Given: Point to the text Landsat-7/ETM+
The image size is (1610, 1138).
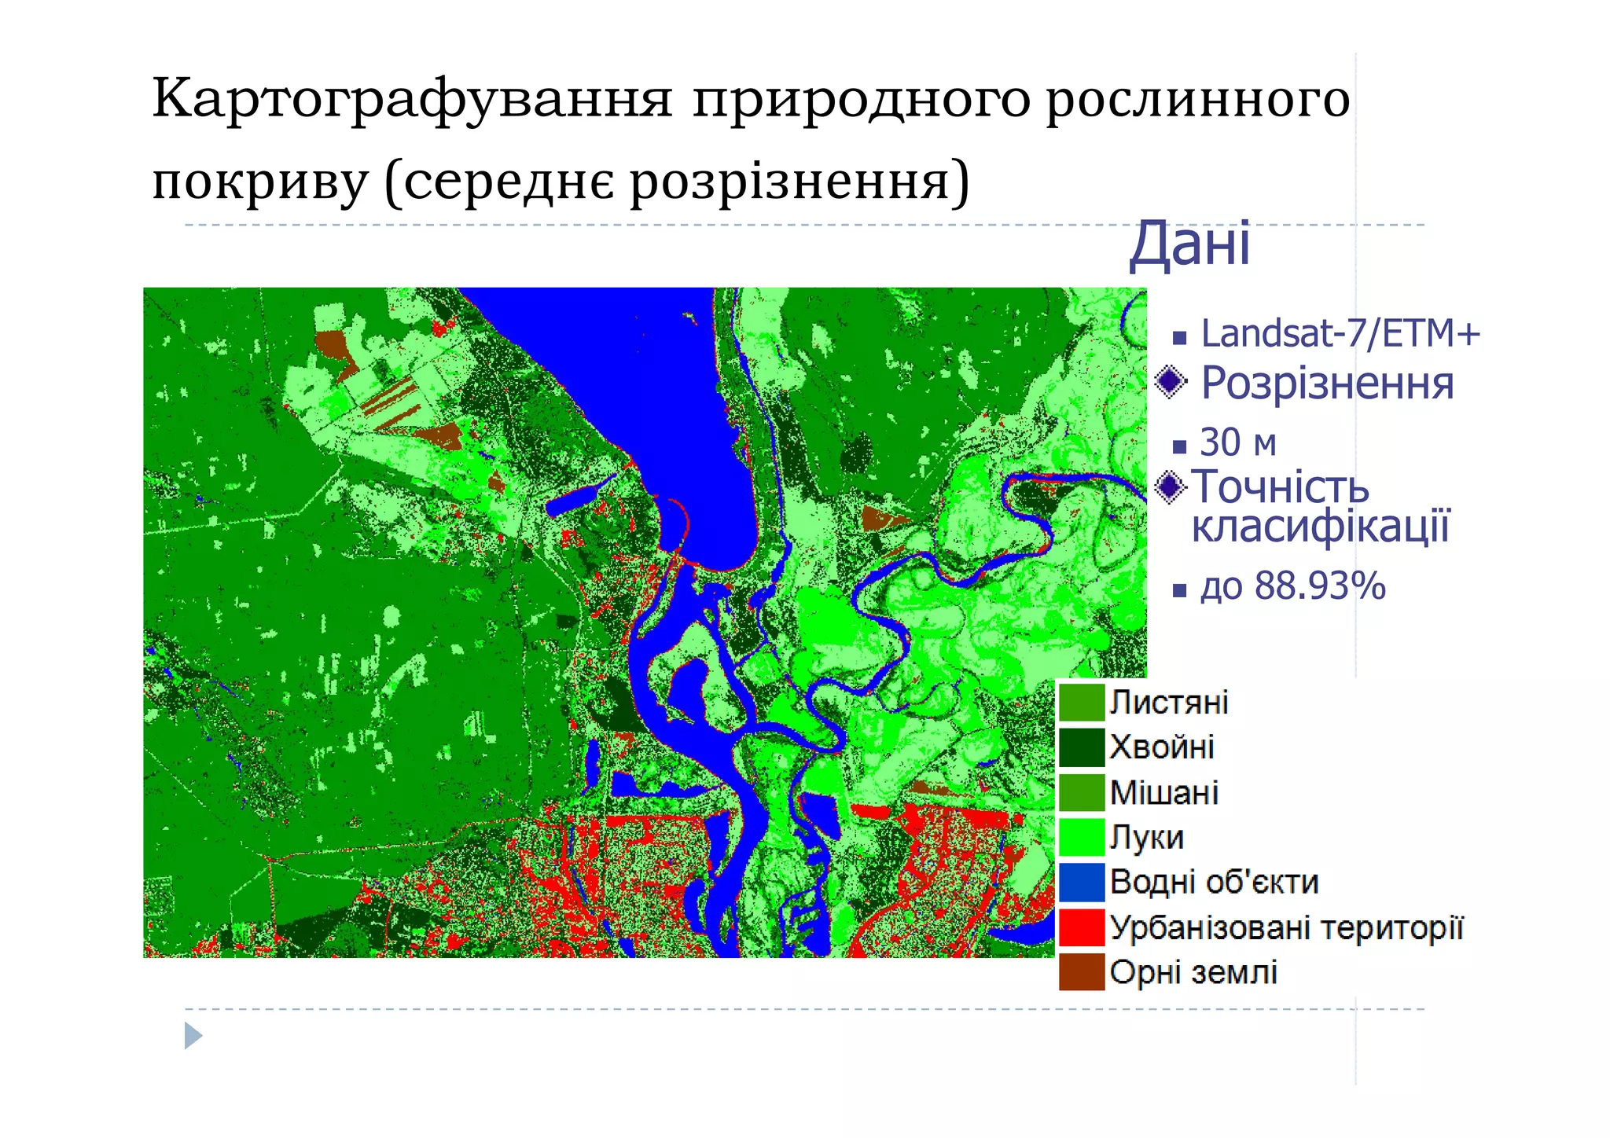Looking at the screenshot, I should (x=1340, y=334).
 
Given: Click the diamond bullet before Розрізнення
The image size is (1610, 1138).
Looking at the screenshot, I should (x=1171, y=382).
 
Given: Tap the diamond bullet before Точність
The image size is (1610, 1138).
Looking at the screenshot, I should (x=1171, y=487).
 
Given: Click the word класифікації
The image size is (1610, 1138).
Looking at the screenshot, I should (x=1320, y=527).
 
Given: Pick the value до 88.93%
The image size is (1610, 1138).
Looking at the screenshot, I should (x=1292, y=586).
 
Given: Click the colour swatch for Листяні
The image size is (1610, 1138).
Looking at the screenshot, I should (x=1081, y=703).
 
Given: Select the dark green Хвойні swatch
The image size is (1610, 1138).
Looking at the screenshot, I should (x=1081, y=747).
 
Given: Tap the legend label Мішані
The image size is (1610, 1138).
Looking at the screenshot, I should (x=1163, y=793).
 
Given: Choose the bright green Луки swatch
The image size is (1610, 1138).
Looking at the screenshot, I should (x=1081, y=837).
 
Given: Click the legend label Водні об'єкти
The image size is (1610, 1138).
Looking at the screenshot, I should (x=1213, y=882).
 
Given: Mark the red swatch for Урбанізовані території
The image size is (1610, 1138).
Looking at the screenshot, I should (x=1081, y=927).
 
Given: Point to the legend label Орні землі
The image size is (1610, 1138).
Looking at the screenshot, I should (x=1193, y=973).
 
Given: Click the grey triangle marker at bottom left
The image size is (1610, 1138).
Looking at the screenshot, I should (x=193, y=1036).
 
